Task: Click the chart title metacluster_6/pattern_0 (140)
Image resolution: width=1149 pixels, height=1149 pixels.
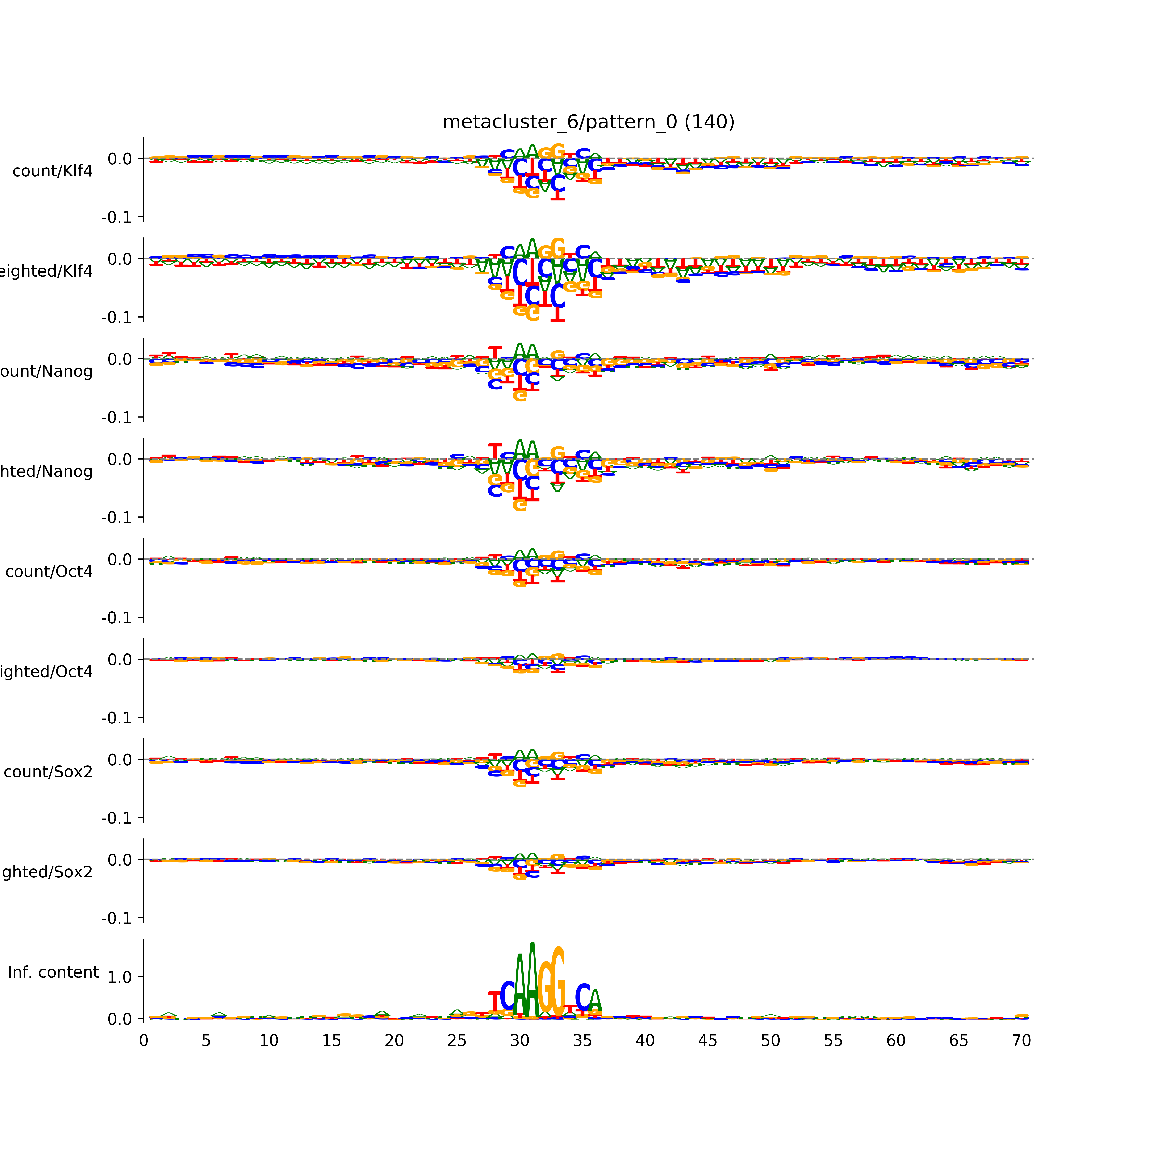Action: (x=588, y=122)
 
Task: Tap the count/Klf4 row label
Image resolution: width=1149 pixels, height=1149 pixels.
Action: (x=52, y=171)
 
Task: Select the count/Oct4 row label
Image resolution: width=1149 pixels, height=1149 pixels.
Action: (x=49, y=572)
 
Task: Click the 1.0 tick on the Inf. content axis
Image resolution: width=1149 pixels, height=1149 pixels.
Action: (x=119, y=977)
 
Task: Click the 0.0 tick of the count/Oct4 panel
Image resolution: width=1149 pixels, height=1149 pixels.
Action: (x=119, y=560)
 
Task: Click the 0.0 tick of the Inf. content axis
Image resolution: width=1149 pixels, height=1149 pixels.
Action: (x=119, y=1019)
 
